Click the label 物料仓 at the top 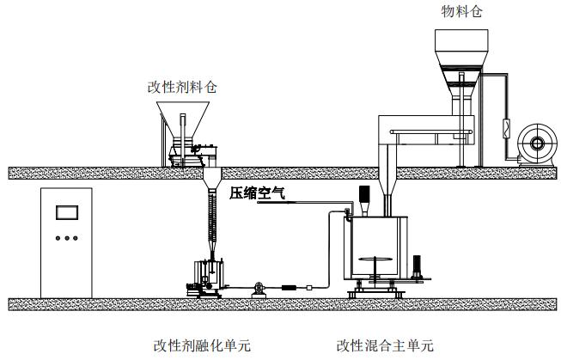click(460, 11)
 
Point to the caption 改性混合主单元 click(386, 345)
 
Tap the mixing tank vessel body click(378, 249)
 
